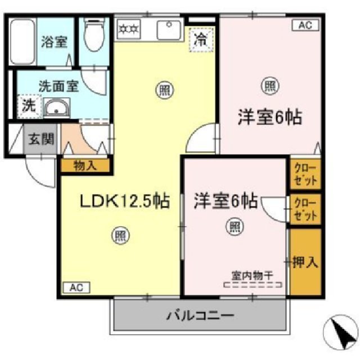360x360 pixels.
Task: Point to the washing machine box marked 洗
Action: click(27, 105)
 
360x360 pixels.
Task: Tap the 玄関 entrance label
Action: click(39, 138)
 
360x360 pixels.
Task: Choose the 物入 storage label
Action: click(85, 165)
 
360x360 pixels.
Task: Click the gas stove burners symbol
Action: click(130, 26)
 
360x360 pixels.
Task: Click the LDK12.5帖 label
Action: click(123, 201)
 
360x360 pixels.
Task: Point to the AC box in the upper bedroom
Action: click(304, 25)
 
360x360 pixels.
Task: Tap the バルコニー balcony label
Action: click(200, 316)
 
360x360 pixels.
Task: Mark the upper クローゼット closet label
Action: click(305, 174)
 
